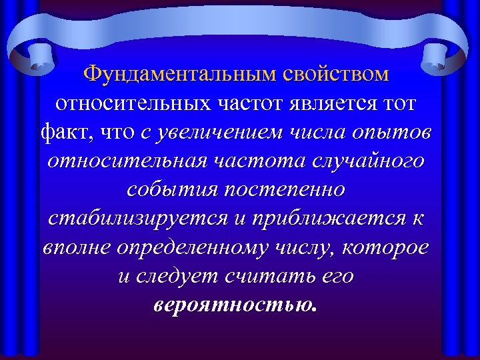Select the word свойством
coord(336,74)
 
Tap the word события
coord(171,189)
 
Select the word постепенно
coord(288,189)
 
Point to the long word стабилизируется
coord(129,218)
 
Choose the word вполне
coord(77,247)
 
